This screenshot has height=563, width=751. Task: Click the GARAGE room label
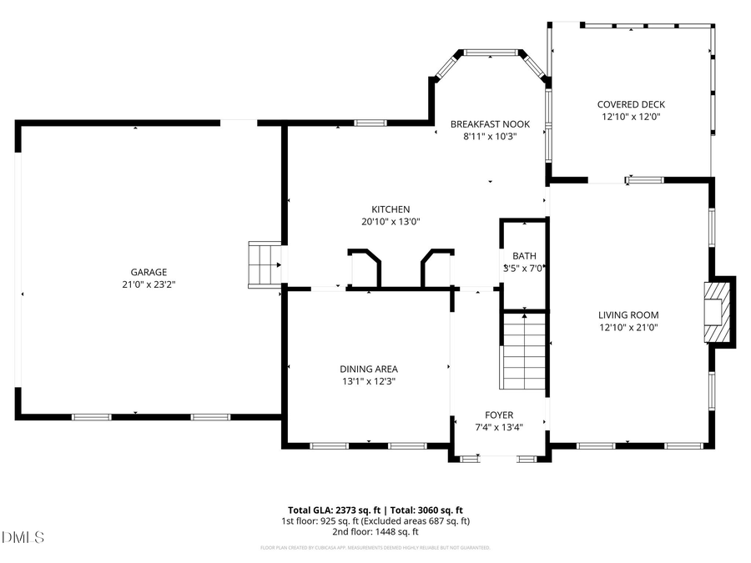(x=148, y=272)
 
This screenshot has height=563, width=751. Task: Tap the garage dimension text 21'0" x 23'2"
(x=148, y=284)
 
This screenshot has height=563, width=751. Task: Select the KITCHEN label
(x=391, y=209)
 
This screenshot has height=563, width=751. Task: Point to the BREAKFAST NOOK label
(x=490, y=124)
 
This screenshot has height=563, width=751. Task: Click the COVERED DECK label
(x=631, y=104)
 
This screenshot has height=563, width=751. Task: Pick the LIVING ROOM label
(x=628, y=315)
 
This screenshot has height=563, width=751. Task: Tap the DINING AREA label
(x=368, y=369)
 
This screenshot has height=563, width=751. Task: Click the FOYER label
(x=500, y=415)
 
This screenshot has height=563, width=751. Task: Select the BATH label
(x=524, y=256)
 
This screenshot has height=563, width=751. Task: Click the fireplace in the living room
(x=718, y=311)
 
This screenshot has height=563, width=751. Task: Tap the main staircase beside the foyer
(x=524, y=350)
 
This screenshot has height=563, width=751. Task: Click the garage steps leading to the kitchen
(x=265, y=264)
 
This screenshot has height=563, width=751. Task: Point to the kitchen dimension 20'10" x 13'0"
(x=391, y=222)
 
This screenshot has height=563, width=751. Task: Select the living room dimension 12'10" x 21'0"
(x=628, y=328)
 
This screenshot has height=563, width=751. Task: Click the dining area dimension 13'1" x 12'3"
(x=368, y=381)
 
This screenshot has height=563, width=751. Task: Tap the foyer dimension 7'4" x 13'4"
(x=500, y=427)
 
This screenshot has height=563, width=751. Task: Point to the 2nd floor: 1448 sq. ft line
(x=375, y=531)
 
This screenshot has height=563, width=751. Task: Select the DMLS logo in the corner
(x=23, y=536)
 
